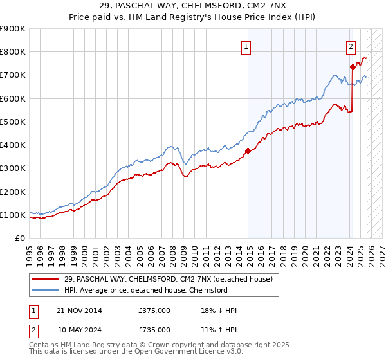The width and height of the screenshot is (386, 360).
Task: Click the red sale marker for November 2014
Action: (248, 151)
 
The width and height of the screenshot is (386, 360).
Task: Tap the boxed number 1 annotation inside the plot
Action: (246, 46)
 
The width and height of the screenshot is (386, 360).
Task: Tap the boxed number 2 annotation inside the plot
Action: (351, 46)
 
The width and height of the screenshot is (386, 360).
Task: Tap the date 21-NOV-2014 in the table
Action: (80, 310)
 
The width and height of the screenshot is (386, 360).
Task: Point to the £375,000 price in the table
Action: (154, 310)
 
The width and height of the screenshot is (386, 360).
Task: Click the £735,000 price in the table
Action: (154, 330)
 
